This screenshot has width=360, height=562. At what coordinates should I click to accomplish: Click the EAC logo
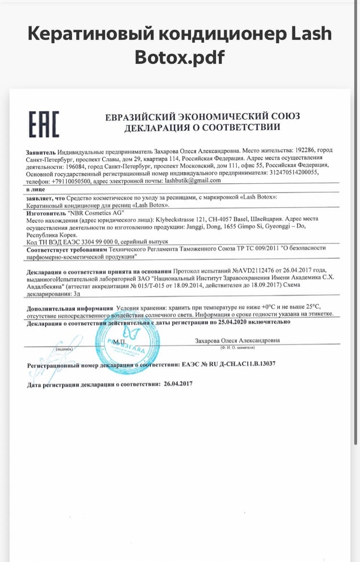(43, 124)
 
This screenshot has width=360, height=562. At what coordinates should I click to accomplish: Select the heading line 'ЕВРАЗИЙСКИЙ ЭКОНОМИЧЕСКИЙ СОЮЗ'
(202, 116)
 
